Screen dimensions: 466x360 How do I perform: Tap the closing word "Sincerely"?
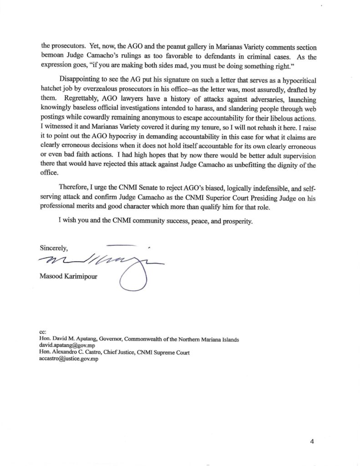click(x=54, y=248)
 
